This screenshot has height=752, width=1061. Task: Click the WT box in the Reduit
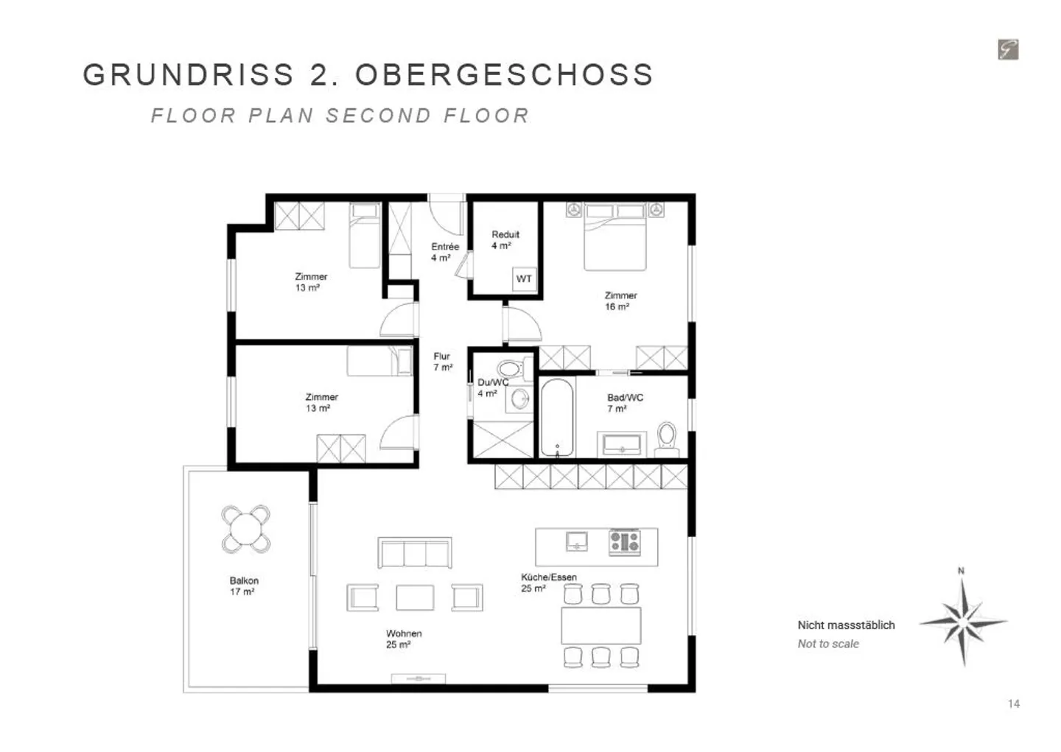coord(524,278)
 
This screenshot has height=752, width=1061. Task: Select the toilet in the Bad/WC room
coord(667,436)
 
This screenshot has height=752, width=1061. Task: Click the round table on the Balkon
coord(245,529)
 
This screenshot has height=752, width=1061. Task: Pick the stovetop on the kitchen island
coord(625,542)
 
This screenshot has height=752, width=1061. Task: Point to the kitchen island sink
coord(577,541)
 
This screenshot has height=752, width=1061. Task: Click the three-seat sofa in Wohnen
coord(415,552)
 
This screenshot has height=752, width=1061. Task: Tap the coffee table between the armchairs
coord(415,597)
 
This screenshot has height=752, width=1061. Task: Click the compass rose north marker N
coord(961,571)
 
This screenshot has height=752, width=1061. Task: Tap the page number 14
coord(1014,703)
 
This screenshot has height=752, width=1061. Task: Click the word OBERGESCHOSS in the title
coord(505,75)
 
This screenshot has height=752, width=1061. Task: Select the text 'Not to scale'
coord(828,644)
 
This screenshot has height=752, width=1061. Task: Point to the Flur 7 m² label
coord(443,362)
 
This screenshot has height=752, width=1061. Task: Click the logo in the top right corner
coord(1008,49)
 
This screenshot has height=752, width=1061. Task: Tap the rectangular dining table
coord(600,625)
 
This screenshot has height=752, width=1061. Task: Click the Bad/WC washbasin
coord(623,444)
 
